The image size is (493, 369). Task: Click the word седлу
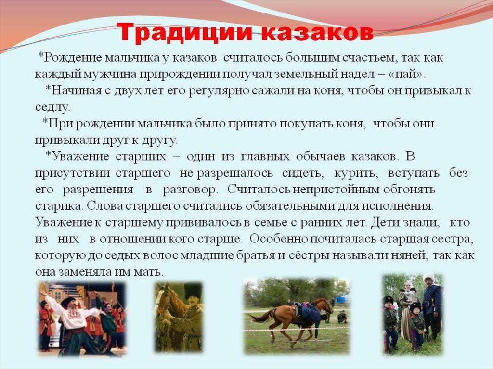click(x=52, y=107)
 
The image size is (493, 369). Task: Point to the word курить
click(x=355, y=173)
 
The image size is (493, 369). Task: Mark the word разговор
click(x=190, y=190)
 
